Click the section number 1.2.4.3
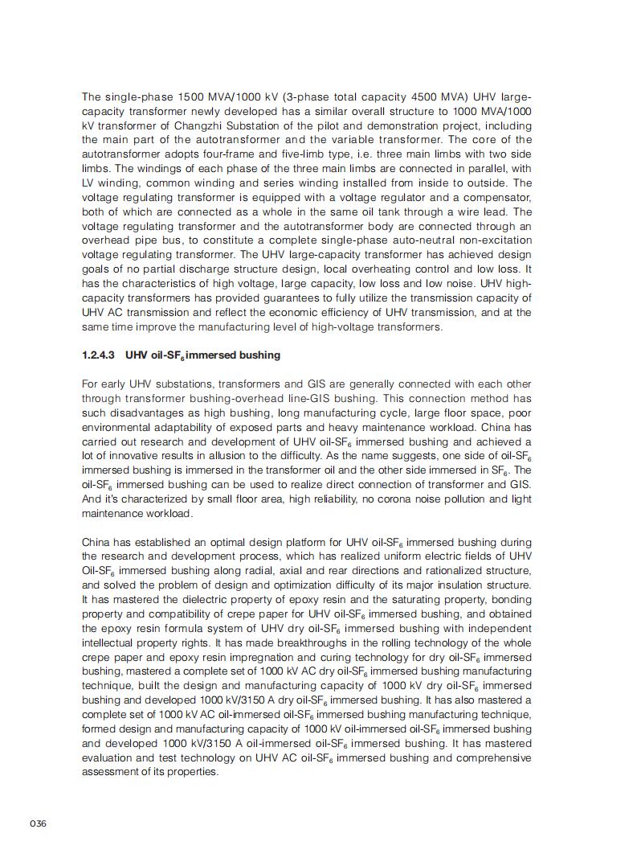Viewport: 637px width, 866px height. coord(99,355)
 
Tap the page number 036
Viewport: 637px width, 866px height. coord(38,823)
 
